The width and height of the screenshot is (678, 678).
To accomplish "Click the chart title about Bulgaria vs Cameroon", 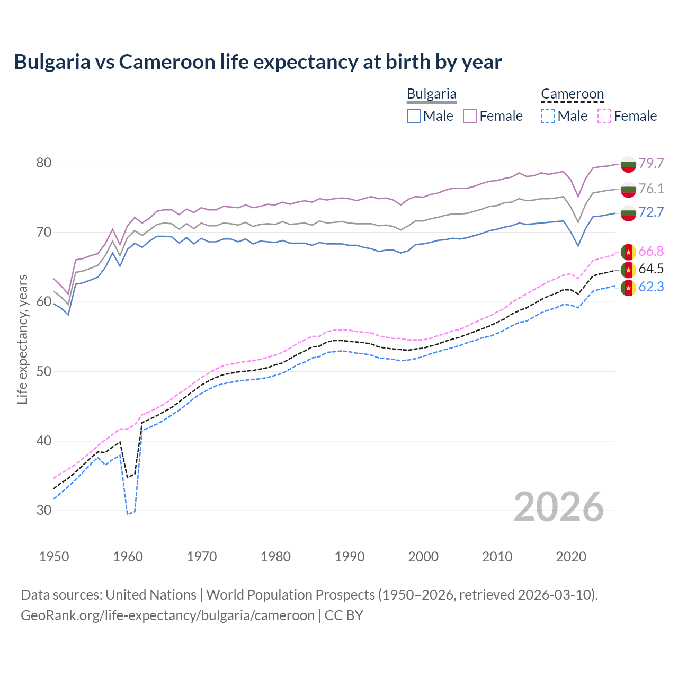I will [257, 62].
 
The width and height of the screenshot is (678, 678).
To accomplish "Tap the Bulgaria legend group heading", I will [431, 94].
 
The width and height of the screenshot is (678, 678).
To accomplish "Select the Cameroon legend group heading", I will [572, 94].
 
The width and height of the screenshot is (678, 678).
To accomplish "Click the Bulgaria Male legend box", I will [414, 116].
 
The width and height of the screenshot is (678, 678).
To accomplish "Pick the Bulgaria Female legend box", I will [470, 116].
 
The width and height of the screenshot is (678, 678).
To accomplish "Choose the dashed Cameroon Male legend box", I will [548, 116].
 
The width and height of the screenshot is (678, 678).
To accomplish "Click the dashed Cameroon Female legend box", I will [604, 116].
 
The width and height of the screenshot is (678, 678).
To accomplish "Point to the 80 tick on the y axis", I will [44, 163].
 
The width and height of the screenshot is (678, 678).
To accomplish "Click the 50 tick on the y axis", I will [44, 371].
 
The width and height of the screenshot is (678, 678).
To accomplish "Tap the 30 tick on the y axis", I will [44, 511].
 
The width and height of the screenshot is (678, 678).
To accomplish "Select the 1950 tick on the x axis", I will [54, 557].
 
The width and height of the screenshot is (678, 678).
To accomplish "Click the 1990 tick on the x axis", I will [350, 557].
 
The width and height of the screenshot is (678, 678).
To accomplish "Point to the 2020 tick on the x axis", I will [571, 557].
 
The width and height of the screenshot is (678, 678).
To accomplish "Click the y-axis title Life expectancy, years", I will [22, 339].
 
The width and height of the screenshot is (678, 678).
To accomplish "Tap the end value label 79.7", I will [651, 163].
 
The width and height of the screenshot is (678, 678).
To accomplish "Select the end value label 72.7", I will [651, 212].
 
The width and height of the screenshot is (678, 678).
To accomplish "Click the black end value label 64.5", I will [651, 269].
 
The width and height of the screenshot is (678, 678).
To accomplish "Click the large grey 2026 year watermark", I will [559, 507].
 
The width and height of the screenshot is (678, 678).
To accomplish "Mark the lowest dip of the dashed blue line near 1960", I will [128, 514].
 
